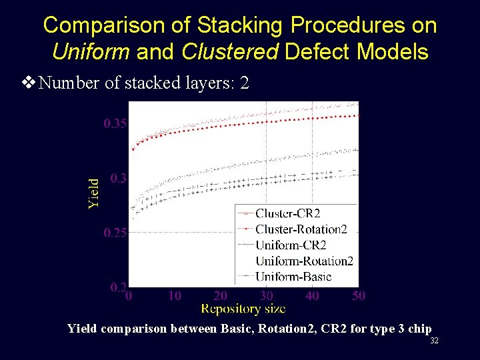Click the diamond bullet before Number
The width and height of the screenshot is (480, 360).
[x=29, y=83]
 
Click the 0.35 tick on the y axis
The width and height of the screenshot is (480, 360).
[x=114, y=123]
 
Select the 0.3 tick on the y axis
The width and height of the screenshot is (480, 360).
[x=117, y=178]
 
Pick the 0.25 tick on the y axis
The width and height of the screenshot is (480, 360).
[x=114, y=233]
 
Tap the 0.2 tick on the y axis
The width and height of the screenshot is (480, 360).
[x=117, y=287]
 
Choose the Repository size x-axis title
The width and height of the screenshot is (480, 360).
[x=243, y=308]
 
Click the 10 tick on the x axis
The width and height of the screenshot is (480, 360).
[x=174, y=295]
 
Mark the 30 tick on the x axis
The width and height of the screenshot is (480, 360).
[x=266, y=295]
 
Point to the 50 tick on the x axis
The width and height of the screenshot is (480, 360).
[x=359, y=295]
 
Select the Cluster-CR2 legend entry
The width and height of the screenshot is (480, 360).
[x=287, y=213]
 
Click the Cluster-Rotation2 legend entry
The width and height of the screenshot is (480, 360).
[x=301, y=229]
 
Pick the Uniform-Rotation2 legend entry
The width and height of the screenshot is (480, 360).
[x=304, y=261]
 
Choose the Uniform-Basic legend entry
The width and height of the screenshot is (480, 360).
[x=293, y=276]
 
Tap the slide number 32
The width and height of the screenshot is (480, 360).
[x=434, y=341]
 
